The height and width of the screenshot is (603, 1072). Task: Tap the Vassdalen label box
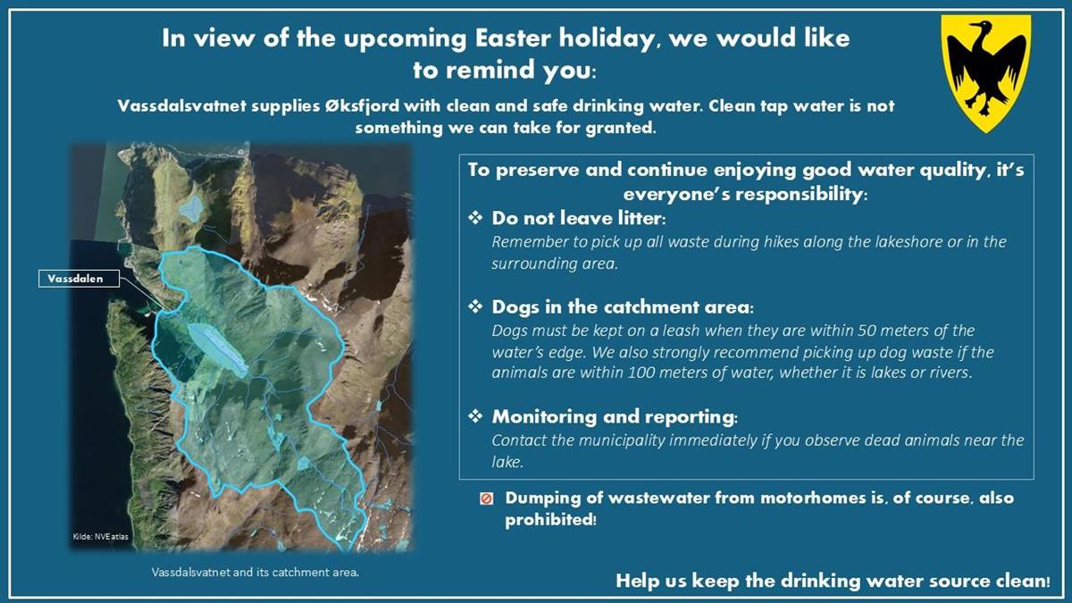pyautogui.click(x=79, y=279)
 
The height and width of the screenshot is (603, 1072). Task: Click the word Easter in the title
pyautogui.click(x=513, y=38)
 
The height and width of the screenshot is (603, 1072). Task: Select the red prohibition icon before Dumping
pyautogui.click(x=486, y=499)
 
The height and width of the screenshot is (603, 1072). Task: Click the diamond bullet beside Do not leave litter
pyautogui.click(x=475, y=218)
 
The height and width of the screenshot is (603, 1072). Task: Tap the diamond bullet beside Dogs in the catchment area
pyautogui.click(x=475, y=306)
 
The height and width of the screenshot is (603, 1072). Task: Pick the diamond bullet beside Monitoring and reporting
pyautogui.click(x=475, y=416)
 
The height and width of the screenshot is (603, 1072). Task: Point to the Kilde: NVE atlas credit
pyautogui.click(x=100, y=537)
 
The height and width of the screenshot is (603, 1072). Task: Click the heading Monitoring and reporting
pyautogui.click(x=615, y=417)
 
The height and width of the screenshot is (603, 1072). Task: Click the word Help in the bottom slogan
pyautogui.click(x=635, y=581)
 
